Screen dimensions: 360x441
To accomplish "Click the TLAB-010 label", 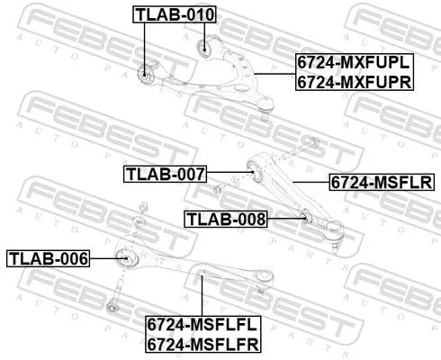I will [169, 14].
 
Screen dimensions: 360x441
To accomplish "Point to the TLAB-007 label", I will [165, 173].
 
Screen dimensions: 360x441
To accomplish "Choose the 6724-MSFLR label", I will [380, 181].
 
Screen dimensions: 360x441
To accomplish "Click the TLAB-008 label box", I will [226, 218].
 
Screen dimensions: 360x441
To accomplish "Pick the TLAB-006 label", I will [49, 259].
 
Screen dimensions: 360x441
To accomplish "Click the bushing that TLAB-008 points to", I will [304, 217].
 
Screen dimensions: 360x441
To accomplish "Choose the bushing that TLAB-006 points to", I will [128, 258].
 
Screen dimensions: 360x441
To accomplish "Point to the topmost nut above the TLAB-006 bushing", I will [139, 212].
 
